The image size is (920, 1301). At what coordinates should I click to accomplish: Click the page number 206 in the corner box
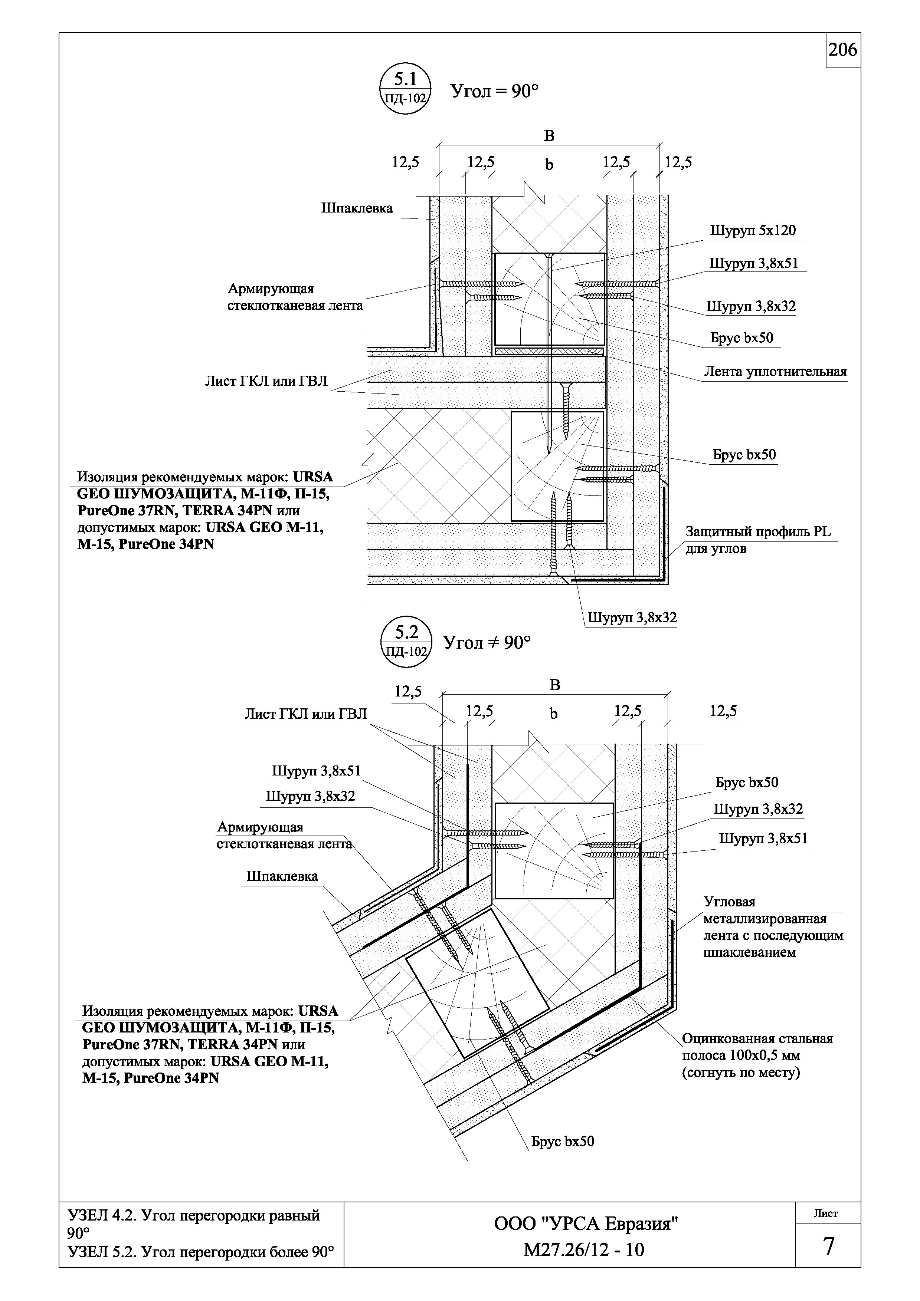tap(843, 50)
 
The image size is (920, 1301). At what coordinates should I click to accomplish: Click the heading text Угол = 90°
tap(494, 90)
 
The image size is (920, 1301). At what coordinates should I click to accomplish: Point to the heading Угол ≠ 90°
tap(487, 642)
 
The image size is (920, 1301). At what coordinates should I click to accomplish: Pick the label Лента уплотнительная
tap(775, 372)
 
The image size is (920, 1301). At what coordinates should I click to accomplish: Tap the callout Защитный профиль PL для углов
tap(758, 540)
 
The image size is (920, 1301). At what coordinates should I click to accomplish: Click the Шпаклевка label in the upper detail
tap(357, 208)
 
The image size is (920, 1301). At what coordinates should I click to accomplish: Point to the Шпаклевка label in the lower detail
tap(282, 876)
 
